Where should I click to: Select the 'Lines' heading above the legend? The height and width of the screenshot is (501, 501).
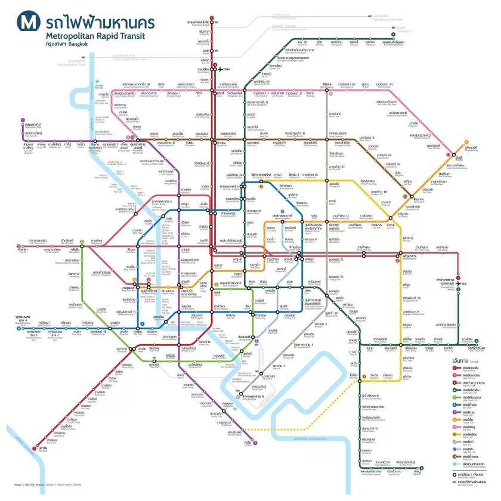[461, 361]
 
